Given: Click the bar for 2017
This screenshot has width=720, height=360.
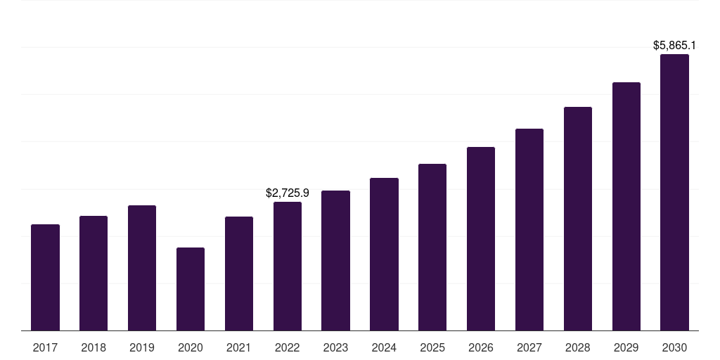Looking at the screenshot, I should (45, 277).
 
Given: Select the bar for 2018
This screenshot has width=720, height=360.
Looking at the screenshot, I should (94, 273).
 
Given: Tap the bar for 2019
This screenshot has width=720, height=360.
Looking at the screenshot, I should (142, 268).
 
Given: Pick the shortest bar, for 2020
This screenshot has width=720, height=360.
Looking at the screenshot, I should (191, 289).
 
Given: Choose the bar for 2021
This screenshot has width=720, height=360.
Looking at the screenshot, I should (239, 274).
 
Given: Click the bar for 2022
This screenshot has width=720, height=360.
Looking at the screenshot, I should (288, 266).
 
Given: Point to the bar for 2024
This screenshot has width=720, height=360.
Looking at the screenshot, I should (384, 254).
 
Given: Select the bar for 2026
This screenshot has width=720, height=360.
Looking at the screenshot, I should (481, 238).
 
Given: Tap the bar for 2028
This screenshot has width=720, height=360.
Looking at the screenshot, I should (578, 219).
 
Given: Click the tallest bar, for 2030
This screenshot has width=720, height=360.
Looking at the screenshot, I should (674, 192).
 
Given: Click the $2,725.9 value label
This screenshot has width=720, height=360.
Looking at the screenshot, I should (288, 193).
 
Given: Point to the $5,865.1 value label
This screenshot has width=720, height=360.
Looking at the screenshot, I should (674, 46).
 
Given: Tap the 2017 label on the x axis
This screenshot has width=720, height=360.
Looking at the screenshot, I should (45, 347).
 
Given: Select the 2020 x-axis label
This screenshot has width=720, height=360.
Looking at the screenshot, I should (191, 347).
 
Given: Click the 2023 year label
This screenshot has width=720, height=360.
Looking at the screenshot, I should (335, 347).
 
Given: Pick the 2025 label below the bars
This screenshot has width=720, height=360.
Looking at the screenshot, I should (432, 347).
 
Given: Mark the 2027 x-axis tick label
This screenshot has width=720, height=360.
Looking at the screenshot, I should (529, 347).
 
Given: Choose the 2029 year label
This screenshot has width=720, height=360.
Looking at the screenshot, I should (626, 347).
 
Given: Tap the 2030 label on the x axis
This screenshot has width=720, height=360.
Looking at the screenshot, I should (674, 347).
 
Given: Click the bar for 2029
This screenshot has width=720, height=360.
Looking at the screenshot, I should (626, 206).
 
